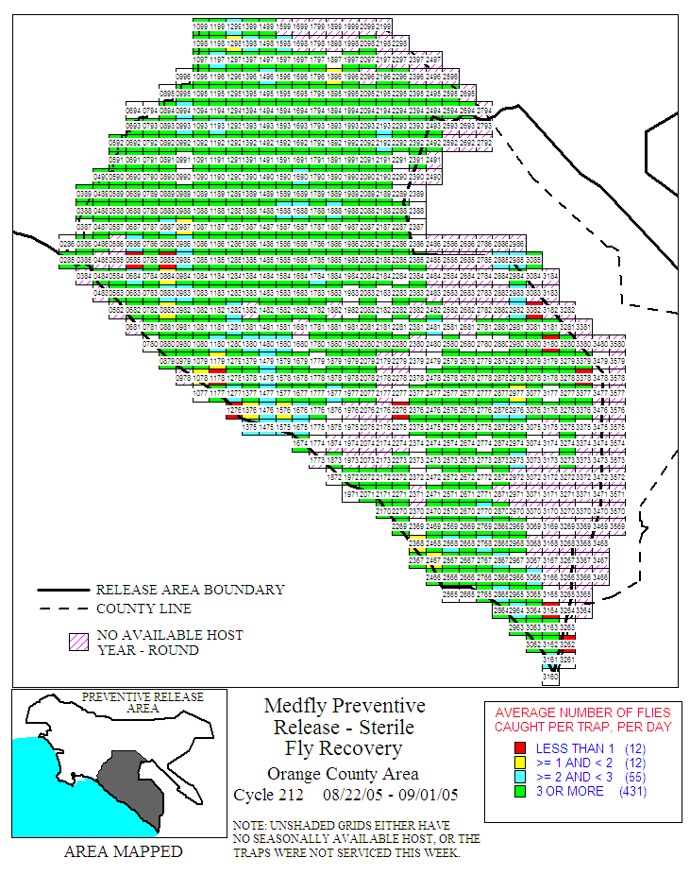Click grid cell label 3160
click(x=551, y=677)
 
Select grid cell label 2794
click(x=484, y=110)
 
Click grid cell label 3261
click(x=567, y=660)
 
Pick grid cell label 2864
click(x=502, y=609)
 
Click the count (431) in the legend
click(x=632, y=792)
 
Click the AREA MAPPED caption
click(x=123, y=852)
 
